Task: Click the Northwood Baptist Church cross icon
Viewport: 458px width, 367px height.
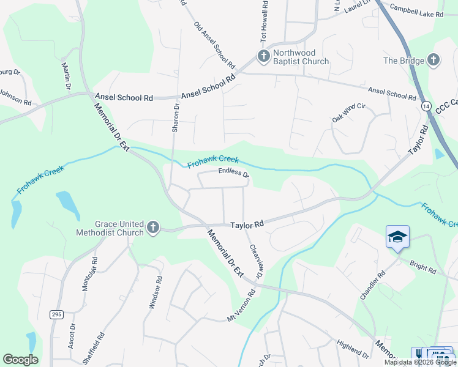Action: coord(263,57)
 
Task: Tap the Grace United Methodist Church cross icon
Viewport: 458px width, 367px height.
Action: coord(152,228)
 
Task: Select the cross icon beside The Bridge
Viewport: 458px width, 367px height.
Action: coord(434,60)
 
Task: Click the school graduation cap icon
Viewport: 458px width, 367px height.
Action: coord(397,237)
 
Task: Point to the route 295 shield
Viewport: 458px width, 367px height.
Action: coord(56,314)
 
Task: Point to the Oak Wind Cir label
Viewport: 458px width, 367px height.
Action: coord(348,113)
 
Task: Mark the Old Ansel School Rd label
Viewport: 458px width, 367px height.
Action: coord(215,45)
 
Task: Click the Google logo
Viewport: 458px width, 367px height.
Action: coord(20,360)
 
